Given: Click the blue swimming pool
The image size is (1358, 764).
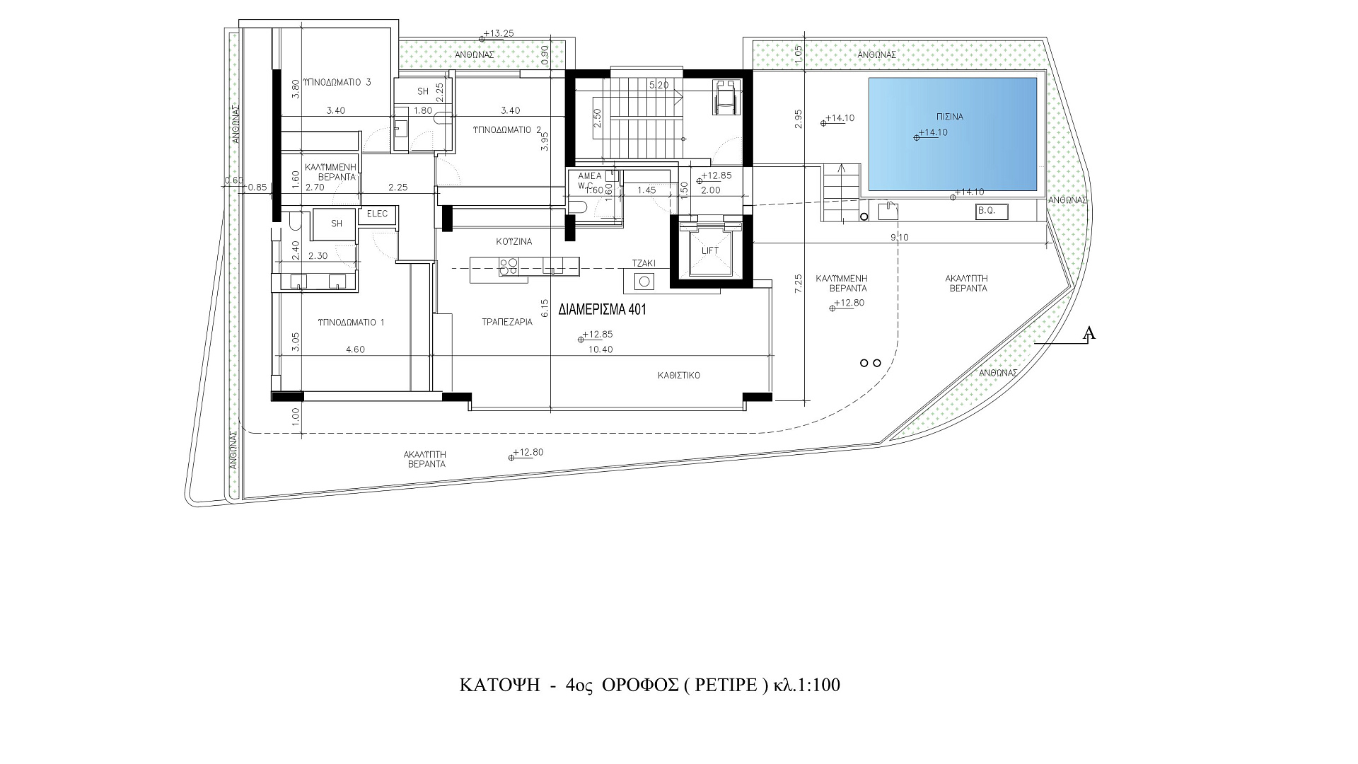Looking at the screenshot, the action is click(952, 134).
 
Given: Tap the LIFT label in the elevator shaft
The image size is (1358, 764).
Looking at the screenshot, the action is click(710, 251).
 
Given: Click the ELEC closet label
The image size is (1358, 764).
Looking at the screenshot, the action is click(378, 214).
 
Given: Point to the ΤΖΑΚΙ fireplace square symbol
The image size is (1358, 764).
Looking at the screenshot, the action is click(645, 282).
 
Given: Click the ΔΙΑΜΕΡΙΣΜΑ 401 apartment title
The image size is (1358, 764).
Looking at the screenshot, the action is click(603, 310).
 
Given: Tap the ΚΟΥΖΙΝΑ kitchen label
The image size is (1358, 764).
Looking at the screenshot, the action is click(514, 241).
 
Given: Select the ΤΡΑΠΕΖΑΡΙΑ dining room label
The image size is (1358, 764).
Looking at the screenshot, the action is click(507, 321).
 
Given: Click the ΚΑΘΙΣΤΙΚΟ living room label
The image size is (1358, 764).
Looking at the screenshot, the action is click(678, 376).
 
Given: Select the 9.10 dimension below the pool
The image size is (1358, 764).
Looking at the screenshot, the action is click(900, 238).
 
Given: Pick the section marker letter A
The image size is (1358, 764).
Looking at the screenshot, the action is click(1090, 333).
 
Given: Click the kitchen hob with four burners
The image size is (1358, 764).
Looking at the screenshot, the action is click(509, 267).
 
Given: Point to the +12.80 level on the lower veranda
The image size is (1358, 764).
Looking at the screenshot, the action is click(528, 453).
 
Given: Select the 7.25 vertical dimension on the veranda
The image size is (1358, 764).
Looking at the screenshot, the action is click(799, 283).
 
